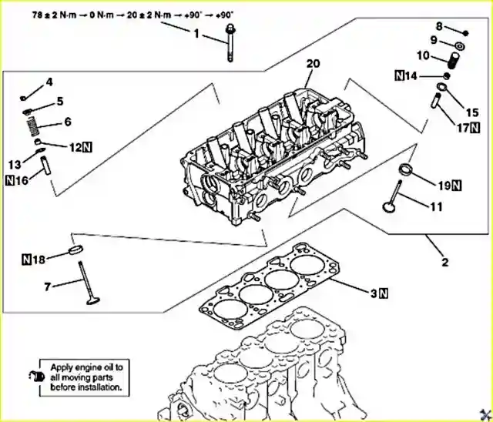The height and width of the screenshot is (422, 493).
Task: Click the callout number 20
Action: click(311, 63)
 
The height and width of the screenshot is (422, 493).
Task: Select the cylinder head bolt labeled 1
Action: click(230, 43)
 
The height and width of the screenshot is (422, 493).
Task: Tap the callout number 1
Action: click(196, 33)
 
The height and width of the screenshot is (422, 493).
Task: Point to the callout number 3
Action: click(374, 293)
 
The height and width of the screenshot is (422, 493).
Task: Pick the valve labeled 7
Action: click(84, 282)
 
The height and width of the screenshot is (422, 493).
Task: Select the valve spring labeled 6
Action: click(31, 120)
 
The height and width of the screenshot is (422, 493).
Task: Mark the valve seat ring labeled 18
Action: click(77, 251)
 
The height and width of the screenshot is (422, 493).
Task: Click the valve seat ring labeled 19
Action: click(408, 169)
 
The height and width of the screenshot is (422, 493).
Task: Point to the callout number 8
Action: click(461, 27)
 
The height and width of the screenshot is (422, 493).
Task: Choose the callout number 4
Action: click(49, 82)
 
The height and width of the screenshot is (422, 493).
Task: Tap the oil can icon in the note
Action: click(34, 376)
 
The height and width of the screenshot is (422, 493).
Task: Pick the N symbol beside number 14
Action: click(400, 75)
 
